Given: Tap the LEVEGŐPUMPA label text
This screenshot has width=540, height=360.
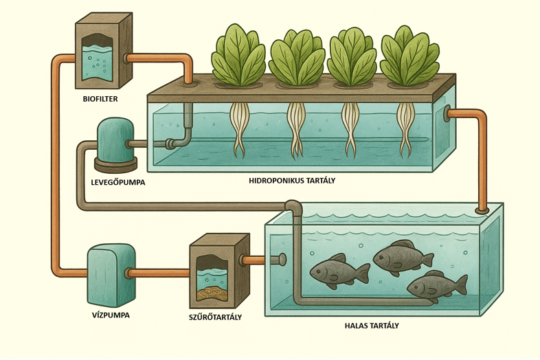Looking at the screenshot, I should (x=118, y=182).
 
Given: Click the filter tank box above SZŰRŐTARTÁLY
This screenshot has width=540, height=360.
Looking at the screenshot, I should (x=218, y=271).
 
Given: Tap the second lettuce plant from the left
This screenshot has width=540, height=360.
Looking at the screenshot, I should (x=296, y=56).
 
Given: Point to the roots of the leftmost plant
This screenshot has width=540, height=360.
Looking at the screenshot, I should (x=240, y=128).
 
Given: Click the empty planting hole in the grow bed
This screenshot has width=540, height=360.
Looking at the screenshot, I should (x=188, y=84).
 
